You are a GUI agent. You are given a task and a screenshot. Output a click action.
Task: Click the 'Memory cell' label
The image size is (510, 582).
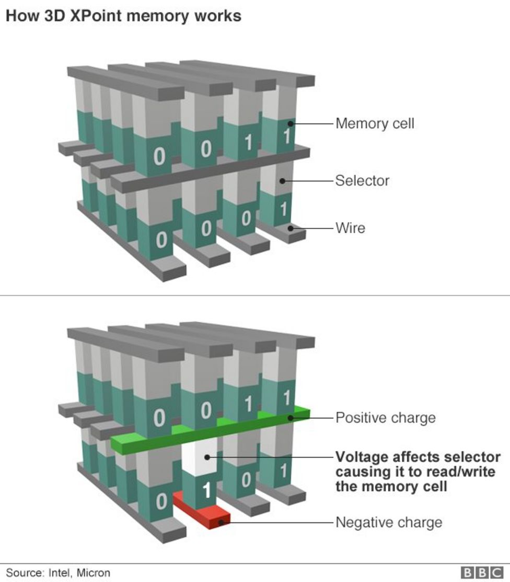tap(374, 124)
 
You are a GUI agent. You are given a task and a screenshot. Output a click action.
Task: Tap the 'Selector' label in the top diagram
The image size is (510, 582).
tap(362, 181)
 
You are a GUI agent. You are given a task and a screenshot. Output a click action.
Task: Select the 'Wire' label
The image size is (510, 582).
tap(350, 228)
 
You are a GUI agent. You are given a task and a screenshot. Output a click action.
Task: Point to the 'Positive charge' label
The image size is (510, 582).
tap(385, 418)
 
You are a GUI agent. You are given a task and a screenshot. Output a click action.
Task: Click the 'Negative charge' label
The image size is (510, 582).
tap(388, 522)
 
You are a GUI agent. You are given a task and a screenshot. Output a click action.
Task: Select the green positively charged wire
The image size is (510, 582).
tap(209, 432)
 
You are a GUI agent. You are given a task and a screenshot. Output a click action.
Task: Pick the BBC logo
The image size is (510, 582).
tap(481, 573)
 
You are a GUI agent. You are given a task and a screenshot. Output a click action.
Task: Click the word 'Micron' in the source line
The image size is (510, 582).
tap(94, 573)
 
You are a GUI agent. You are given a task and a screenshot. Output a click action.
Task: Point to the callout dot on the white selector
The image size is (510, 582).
tap(207, 457)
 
